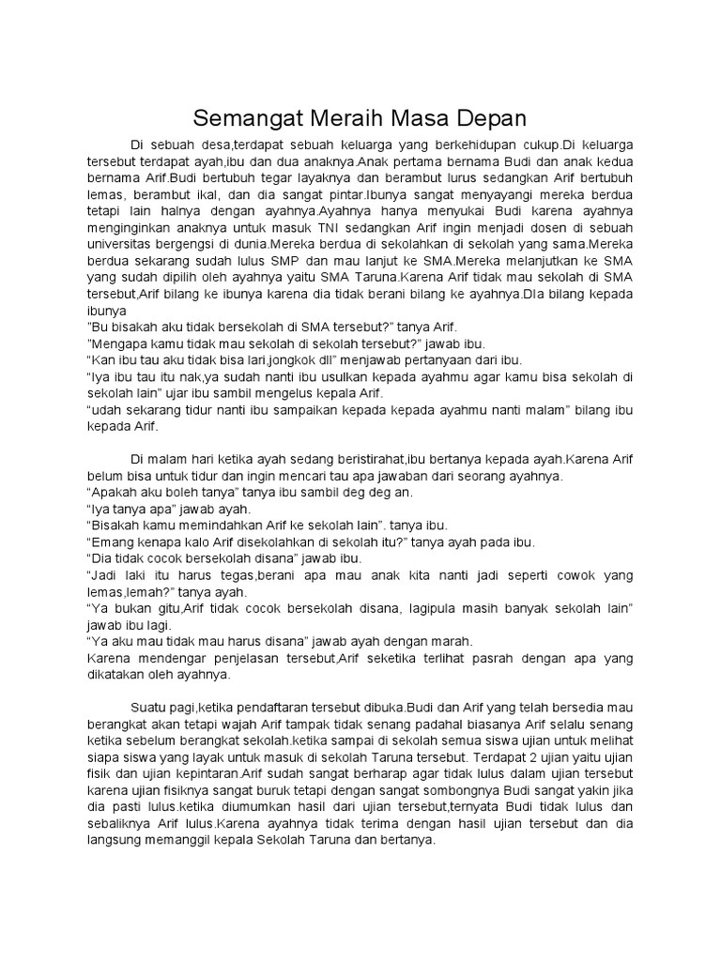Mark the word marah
point(455,642)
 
